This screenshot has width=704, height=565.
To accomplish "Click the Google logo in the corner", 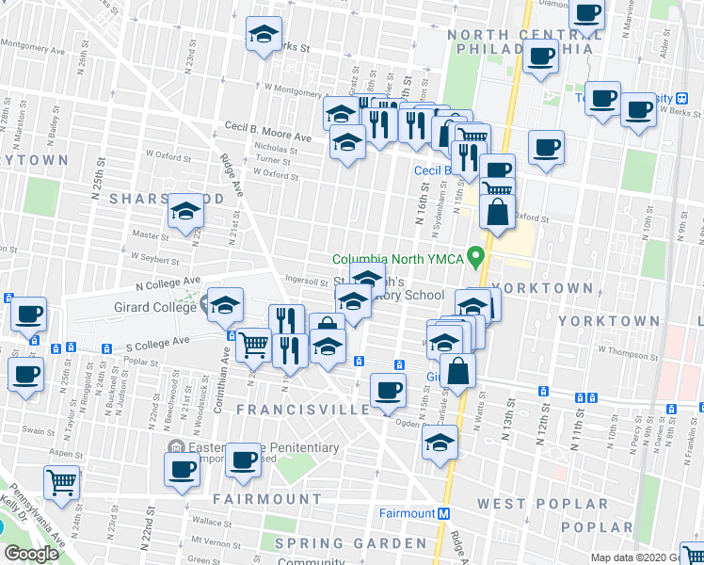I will [x=30, y=554].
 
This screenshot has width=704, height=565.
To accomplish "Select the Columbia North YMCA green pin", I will [x=477, y=255].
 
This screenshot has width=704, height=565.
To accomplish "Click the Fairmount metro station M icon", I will [x=443, y=513].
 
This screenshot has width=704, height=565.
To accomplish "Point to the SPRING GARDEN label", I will [x=350, y=543].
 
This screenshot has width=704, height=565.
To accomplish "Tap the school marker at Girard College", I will [x=226, y=305].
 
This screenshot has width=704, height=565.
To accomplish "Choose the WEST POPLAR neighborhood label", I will [x=527, y=504].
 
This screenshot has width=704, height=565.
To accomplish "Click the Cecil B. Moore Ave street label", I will [x=267, y=137].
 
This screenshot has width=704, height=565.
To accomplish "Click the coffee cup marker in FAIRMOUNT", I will [x=245, y=460].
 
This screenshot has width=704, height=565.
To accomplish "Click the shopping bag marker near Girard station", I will [x=458, y=372].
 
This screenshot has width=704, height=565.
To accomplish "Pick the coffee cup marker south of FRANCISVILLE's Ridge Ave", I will [x=388, y=390].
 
